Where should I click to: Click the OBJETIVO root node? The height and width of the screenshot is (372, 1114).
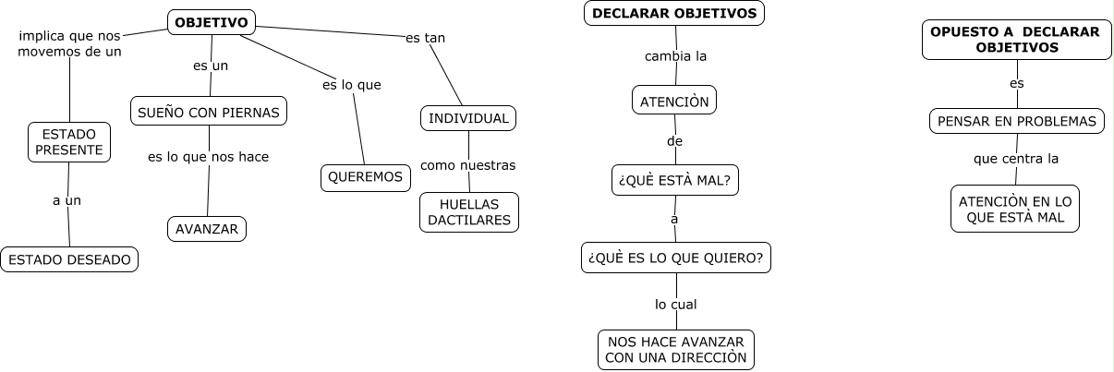pyautogui.click(x=212, y=22)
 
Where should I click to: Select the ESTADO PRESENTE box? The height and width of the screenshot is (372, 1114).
pyautogui.click(x=69, y=142)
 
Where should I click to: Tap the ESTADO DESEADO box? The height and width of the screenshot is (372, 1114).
pyautogui.click(x=69, y=259)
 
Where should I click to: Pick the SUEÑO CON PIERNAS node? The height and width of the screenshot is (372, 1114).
pyautogui.click(x=209, y=111)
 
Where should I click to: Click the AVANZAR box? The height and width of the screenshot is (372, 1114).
pyautogui.click(x=207, y=228)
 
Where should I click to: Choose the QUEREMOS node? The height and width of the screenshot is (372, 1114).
pyautogui.click(x=366, y=177)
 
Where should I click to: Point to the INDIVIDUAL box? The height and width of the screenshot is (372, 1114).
pyautogui.click(x=468, y=118)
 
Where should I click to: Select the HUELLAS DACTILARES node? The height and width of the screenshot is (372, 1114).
pyautogui.click(x=469, y=211)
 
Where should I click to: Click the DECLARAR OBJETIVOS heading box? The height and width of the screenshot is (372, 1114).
pyautogui.click(x=674, y=13)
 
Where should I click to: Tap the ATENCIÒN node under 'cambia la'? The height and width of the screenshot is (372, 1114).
pyautogui.click(x=674, y=101)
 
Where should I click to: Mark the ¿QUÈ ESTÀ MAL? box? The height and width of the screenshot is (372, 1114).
pyautogui.click(x=675, y=180)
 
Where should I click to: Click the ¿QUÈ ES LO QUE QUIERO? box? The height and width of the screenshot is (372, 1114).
pyautogui.click(x=676, y=258)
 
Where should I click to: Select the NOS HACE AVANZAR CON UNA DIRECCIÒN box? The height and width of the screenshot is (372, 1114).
pyautogui.click(x=675, y=350)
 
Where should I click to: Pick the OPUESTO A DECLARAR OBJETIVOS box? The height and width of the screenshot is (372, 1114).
pyautogui.click(x=1015, y=40)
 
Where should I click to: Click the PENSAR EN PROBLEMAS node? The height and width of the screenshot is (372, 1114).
pyautogui.click(x=1016, y=121)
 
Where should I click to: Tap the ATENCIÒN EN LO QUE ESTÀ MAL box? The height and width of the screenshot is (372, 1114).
pyautogui.click(x=1015, y=209)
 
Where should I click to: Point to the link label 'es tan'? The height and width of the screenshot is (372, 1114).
pyautogui.click(x=426, y=39)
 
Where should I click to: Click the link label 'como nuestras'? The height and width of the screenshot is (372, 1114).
pyautogui.click(x=467, y=165)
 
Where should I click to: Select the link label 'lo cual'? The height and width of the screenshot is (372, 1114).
pyautogui.click(x=676, y=304)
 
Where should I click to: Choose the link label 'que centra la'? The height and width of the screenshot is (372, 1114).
pyautogui.click(x=1016, y=159)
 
